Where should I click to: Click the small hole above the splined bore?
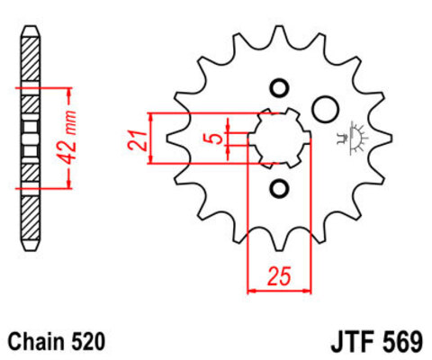click(278, 88)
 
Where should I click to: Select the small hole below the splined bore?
click(278, 188)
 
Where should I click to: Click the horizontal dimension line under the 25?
click(278, 291)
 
